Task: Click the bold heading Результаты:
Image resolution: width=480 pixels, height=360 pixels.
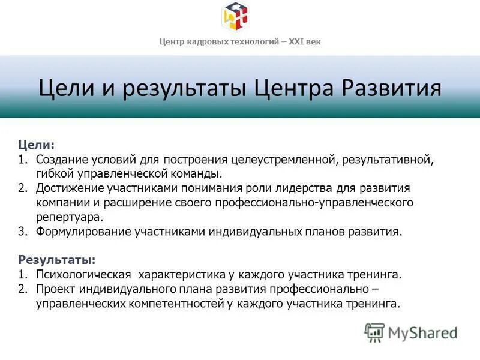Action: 56,260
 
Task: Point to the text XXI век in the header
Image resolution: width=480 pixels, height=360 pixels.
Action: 305,41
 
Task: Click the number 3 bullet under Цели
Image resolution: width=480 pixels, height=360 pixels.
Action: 22,232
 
